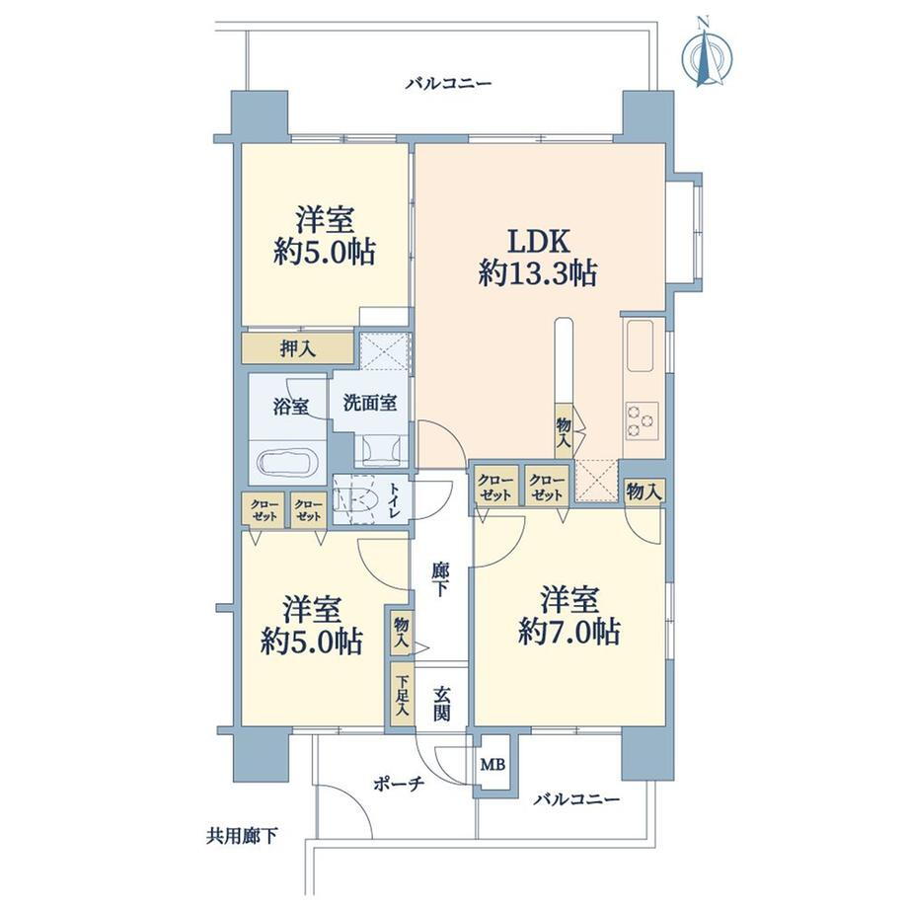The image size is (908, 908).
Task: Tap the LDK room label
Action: (x=539, y=242)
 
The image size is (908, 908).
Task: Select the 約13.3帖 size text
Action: (x=539, y=272)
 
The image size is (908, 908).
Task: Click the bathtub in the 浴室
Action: (x=287, y=463)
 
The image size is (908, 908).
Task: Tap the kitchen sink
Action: (x=640, y=345)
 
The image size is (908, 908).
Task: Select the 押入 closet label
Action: (x=298, y=348)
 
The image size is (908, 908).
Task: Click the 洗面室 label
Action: (x=369, y=403)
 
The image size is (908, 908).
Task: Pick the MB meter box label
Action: (x=492, y=765)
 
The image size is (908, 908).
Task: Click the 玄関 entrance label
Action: (x=442, y=704)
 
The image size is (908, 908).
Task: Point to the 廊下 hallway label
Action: (x=439, y=579)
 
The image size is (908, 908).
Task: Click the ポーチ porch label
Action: (x=399, y=785)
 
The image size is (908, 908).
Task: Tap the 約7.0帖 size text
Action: (x=569, y=632)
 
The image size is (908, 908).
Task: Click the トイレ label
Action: (x=395, y=501)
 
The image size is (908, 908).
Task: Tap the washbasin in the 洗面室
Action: (x=381, y=450)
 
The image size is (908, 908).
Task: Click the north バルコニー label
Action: (x=448, y=83)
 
